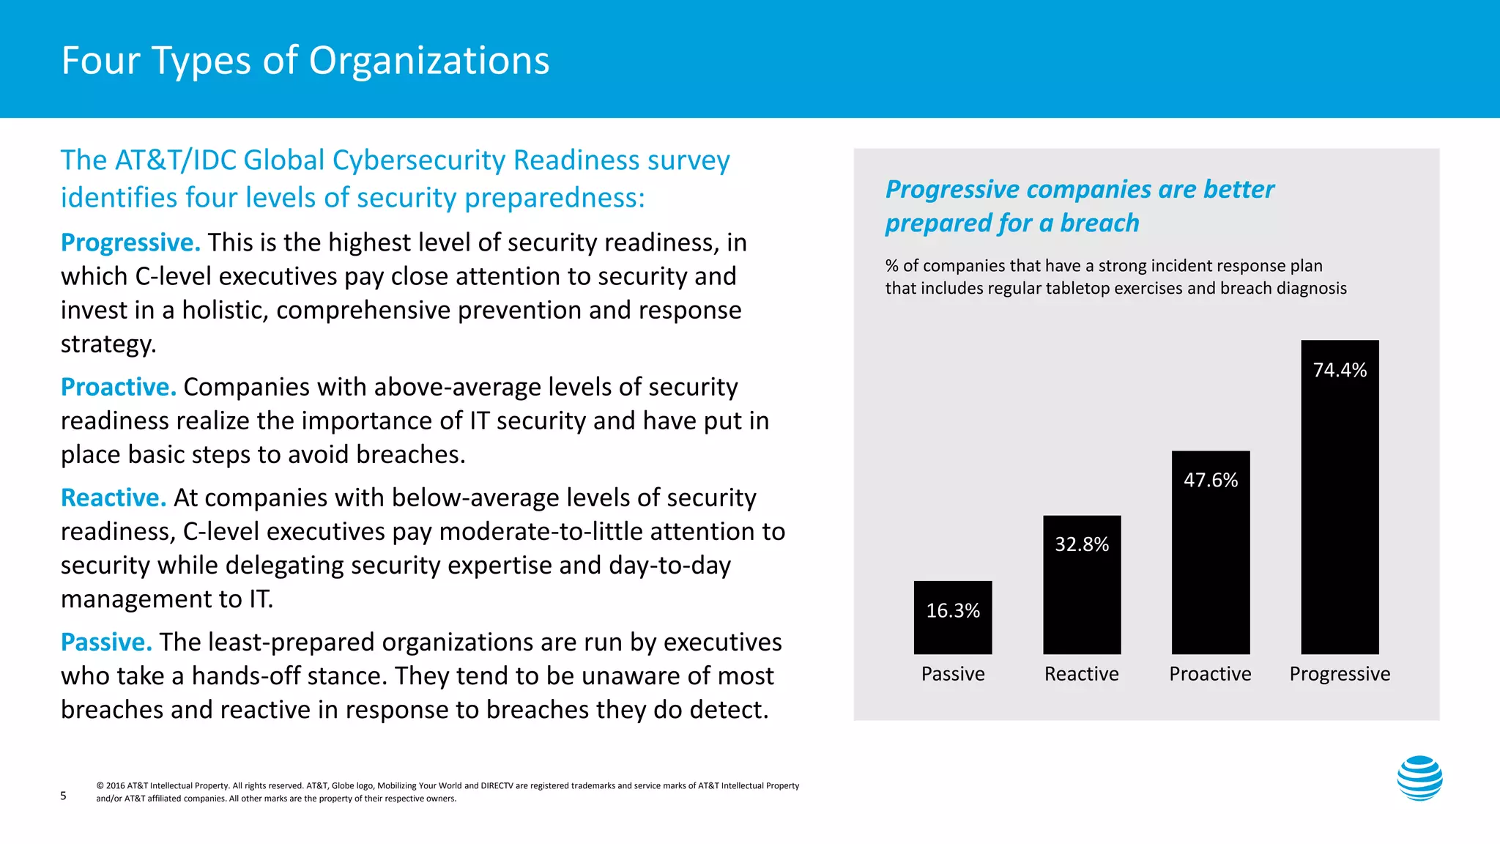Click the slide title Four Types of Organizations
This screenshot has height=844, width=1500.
pos(305,61)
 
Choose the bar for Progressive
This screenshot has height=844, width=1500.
pos(1340,513)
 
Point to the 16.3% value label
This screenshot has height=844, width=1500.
pos(953,610)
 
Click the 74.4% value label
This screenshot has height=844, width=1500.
pos(1340,370)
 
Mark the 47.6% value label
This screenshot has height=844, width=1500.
pos(1211,480)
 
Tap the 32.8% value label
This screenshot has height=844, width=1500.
pos(1082,544)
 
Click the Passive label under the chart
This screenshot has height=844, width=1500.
pos(953,674)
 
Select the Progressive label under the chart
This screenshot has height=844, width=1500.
pos(1340,674)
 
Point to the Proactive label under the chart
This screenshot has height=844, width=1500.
pos(1210,674)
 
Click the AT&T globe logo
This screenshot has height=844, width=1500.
pos(1419,778)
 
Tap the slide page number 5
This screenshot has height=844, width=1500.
pos(64,796)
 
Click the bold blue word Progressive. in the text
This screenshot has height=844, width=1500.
pos(130,243)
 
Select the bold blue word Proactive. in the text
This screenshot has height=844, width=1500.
pos(119,387)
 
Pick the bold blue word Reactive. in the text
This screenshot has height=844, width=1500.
pos(114,497)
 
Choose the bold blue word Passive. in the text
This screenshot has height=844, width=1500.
pos(106,642)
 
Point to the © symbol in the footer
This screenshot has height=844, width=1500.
pos(100,786)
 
